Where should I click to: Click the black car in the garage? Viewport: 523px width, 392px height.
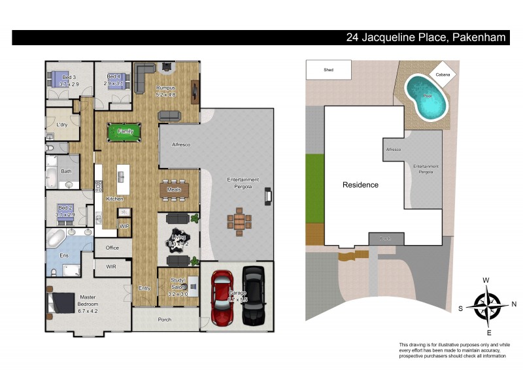tap(254, 296)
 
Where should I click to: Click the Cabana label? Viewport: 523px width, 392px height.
tap(443, 75)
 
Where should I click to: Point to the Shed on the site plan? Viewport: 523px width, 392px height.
tap(328, 69)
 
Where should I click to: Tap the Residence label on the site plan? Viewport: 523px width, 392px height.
tap(360, 185)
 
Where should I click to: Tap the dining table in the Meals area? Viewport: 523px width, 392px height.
tap(174, 189)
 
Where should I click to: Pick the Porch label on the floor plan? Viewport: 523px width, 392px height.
tap(165, 319)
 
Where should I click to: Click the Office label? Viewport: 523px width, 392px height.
tap(112, 248)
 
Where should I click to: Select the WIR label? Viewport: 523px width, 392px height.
tap(111, 267)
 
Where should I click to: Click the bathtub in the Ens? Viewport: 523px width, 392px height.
tap(56, 236)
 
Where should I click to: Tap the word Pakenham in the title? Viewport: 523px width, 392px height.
tap(479, 38)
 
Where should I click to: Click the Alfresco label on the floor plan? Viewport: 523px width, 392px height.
tap(180, 144)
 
